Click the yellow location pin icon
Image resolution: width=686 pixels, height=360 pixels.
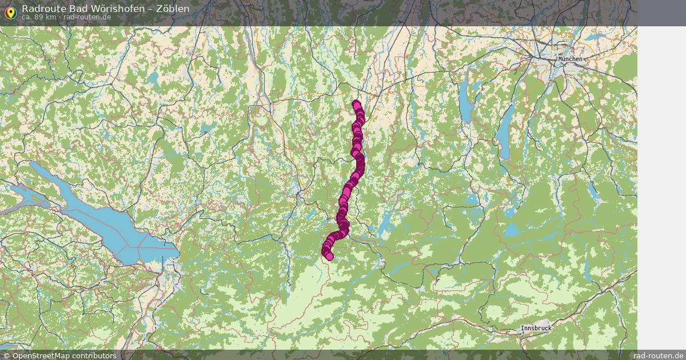point(10,13)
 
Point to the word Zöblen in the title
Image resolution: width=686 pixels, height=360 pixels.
point(171,9)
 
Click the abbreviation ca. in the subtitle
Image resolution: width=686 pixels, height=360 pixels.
point(26,17)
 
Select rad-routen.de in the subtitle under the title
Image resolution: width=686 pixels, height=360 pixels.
point(87,17)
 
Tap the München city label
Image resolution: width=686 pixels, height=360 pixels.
point(570,59)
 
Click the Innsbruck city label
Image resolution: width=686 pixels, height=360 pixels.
point(536,329)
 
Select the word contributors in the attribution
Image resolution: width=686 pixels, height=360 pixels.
point(98,355)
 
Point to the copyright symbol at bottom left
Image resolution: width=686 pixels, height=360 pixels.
point(6,355)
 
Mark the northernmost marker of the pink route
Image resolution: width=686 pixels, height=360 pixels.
point(357,105)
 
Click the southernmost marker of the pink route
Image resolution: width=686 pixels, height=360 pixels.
point(329,256)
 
